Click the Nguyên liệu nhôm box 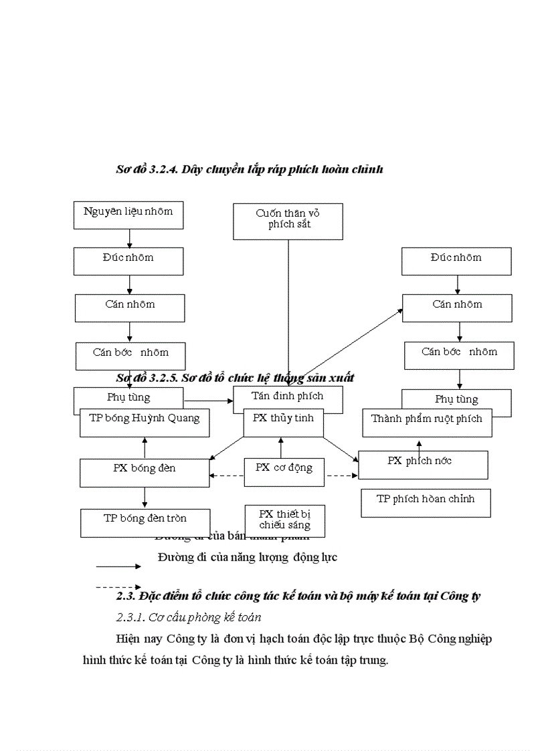[x=128, y=215]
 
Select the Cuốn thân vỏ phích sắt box [x=288, y=221]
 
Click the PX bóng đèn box [x=145, y=472]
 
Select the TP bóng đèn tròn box [x=145, y=522]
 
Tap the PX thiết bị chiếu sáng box [x=284, y=520]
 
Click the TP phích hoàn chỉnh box [x=426, y=503]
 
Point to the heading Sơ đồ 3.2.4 [x=249, y=170]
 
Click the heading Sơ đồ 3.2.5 [x=235, y=378]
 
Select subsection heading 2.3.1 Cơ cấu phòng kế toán [x=189, y=617]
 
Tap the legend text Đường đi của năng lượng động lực [x=248, y=557]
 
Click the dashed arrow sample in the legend [x=118, y=587]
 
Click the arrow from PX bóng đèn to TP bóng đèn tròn [x=145, y=498]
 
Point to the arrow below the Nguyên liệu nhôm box [x=129, y=238]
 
